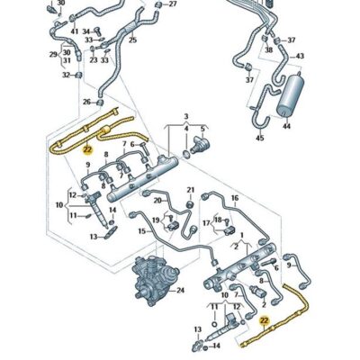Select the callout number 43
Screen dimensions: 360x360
pyautogui.click(x=300, y=57)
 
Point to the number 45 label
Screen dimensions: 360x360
pyautogui.click(x=259, y=138)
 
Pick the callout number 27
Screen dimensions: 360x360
pyautogui.click(x=173, y=4)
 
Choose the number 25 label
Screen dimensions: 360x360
pyautogui.click(x=133, y=40)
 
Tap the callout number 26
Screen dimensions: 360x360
pyautogui.click(x=87, y=102)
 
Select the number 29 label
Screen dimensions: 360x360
pyautogui.click(x=53, y=53)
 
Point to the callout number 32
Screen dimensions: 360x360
pyautogui.click(x=67, y=75)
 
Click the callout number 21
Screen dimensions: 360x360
pyautogui.click(x=190, y=189)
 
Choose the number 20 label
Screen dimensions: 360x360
pyautogui.click(x=157, y=201)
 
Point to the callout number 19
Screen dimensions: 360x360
pyautogui.click(x=155, y=219)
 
